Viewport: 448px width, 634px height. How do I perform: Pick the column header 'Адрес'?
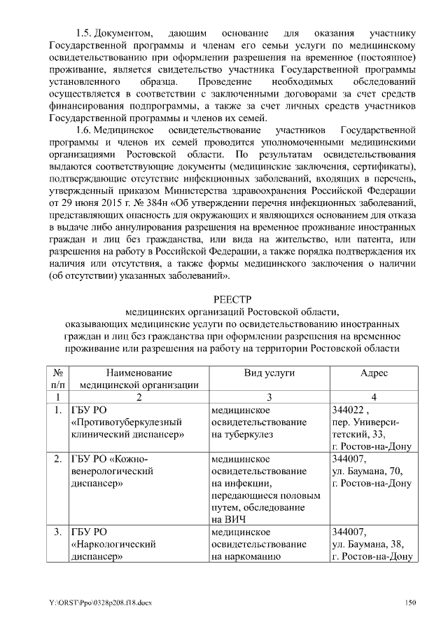point(374,373)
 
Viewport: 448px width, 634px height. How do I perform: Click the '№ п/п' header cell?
point(58,379)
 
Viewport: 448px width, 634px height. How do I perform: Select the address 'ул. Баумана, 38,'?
point(367,545)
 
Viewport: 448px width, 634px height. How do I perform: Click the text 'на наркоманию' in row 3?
point(246,557)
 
